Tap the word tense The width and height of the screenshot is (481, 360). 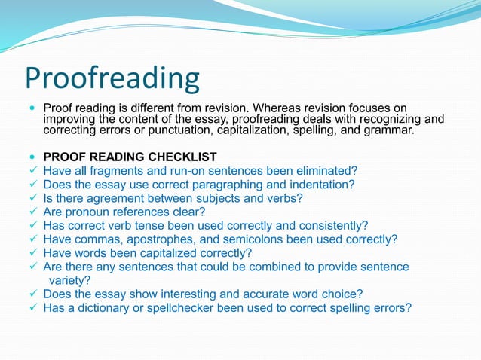tap(167, 226)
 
